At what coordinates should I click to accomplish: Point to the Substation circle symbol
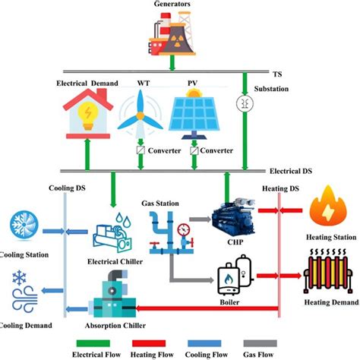(x=243, y=103)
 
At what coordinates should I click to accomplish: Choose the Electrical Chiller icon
(x=115, y=229)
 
